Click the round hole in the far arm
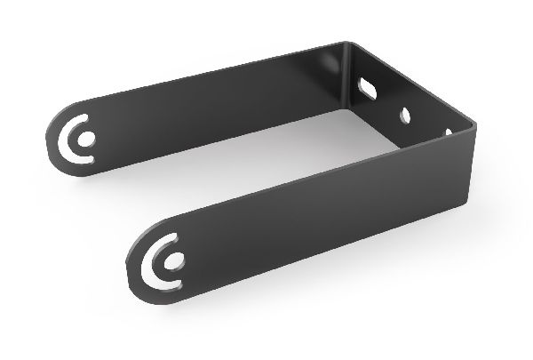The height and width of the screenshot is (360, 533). [x=88, y=140]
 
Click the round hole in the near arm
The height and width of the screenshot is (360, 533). [x=177, y=260]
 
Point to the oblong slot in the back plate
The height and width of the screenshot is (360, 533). [x=367, y=87]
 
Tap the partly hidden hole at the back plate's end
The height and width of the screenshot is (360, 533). [x=448, y=132]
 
